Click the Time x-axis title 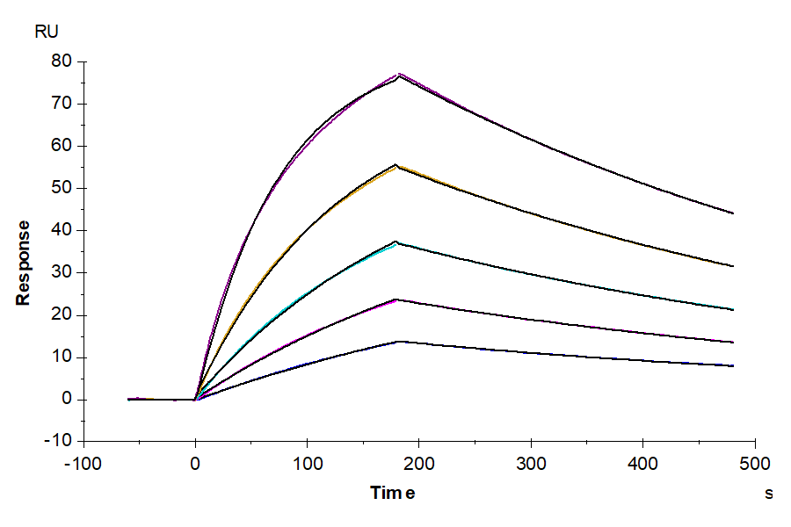392,493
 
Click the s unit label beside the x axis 768,494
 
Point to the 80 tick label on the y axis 61,61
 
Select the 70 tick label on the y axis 61,104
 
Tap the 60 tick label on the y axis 61,146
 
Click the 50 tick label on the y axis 61,188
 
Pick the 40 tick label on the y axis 61,230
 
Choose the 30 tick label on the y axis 61,272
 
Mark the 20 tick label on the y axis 61,315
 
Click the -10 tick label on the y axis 57,442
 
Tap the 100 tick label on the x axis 307,463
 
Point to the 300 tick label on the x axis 530,463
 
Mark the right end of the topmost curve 732,213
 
